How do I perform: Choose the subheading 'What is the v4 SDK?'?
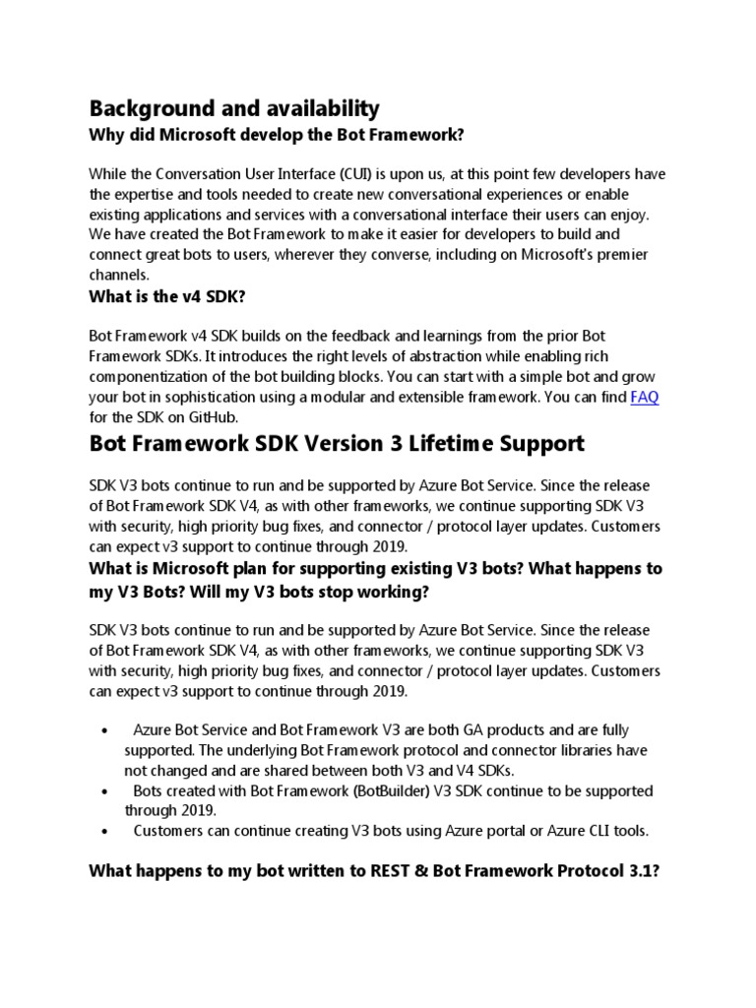(172, 297)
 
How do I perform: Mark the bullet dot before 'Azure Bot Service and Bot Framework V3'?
(105, 730)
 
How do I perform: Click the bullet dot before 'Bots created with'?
(105, 791)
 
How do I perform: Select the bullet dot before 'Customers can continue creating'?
(105, 832)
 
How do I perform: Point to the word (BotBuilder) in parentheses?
(343, 790)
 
